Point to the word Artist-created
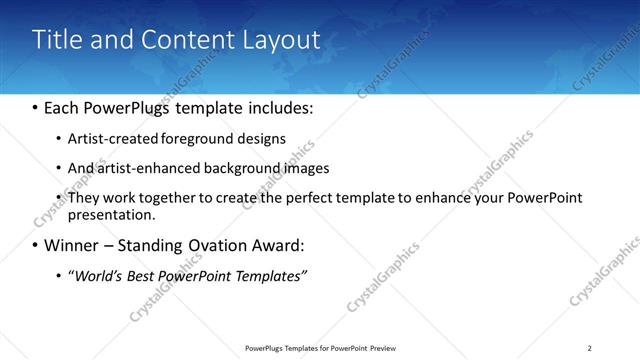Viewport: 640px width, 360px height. (109, 138)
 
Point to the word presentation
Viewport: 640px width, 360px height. (111, 214)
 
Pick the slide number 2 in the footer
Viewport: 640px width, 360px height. (590, 347)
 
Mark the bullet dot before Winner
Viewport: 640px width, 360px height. (35, 245)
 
